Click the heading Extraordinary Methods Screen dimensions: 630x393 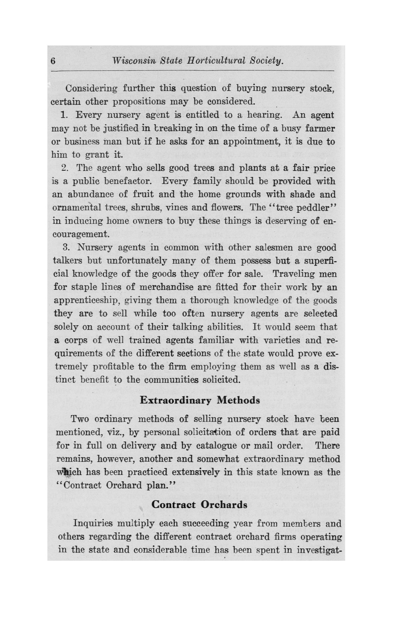(x=200, y=400)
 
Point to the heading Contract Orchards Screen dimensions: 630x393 (x=199, y=505)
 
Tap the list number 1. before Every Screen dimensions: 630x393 (x=64, y=115)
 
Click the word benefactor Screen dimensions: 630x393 (x=128, y=181)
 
